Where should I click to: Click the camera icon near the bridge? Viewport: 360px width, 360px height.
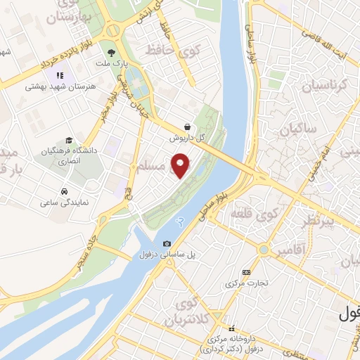167,244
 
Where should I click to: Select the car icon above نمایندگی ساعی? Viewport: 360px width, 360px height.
63,191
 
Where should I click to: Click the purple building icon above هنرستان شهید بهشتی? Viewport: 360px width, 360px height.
59,75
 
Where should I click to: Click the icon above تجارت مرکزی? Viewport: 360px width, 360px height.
245,271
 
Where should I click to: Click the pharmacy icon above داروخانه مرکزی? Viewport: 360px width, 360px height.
230,328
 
